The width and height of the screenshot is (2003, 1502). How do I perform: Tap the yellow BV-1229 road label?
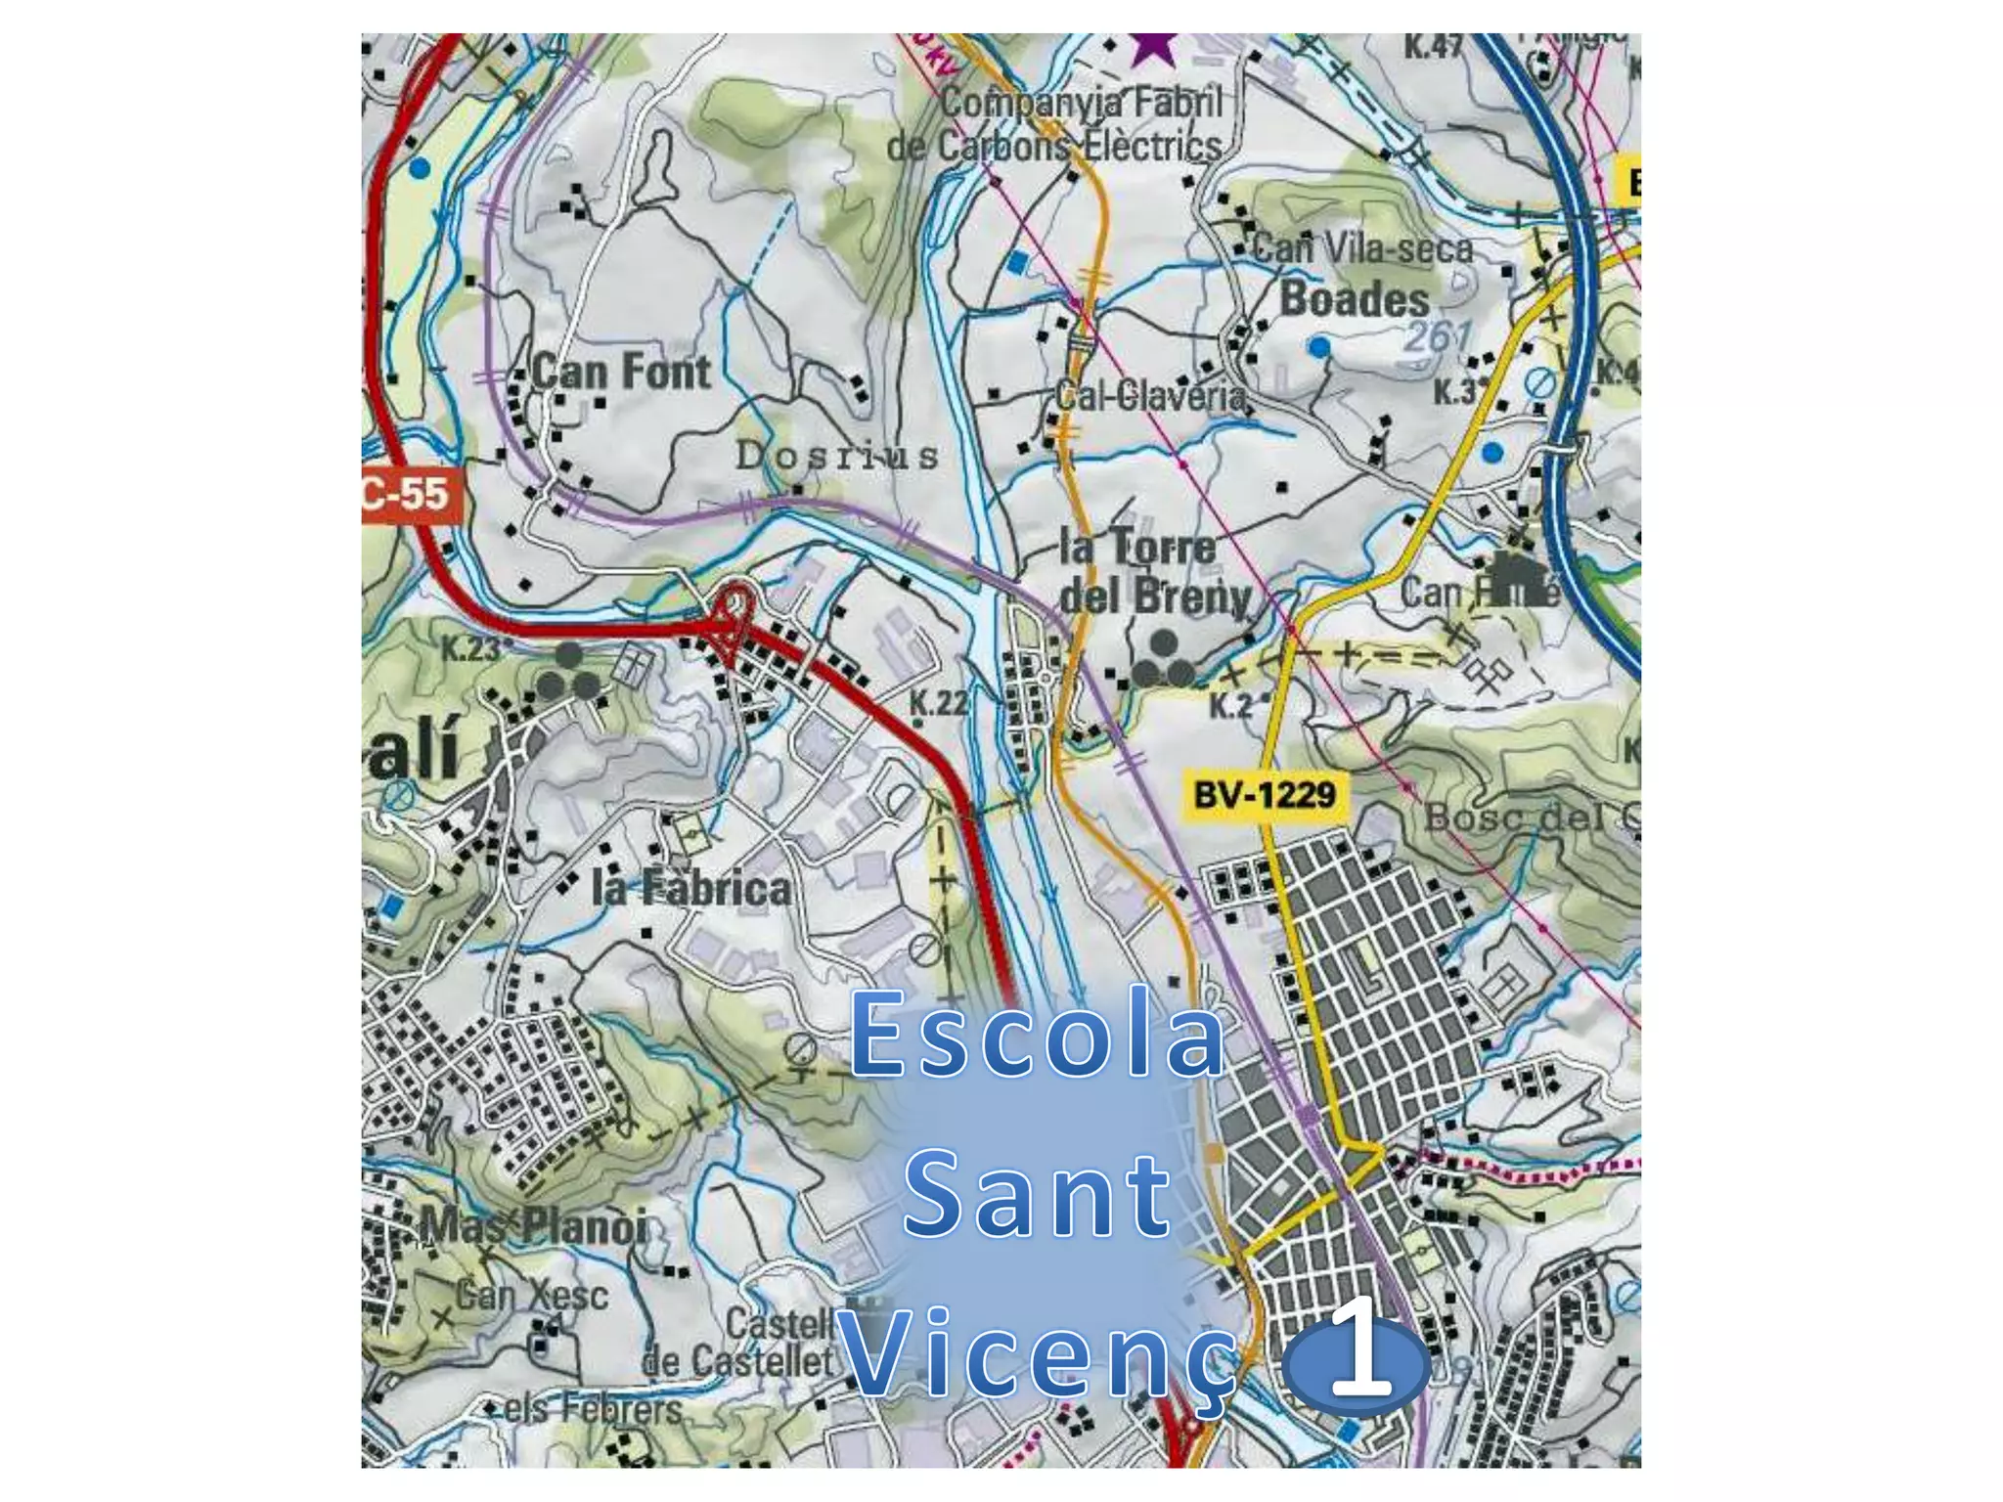coord(1265,794)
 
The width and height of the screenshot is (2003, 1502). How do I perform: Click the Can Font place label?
coord(622,373)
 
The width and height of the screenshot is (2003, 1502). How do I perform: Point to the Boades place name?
coord(1355,299)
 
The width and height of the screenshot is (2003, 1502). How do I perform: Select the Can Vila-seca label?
coord(1362,248)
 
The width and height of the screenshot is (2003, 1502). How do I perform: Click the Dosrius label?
coord(837,456)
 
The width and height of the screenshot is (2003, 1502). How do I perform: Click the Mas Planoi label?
coord(534,1226)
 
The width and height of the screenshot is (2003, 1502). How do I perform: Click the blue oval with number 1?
coord(1358,1365)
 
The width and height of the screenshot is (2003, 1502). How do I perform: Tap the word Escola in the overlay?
coord(1037,1035)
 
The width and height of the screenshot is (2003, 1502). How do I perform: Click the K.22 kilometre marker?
coord(938,702)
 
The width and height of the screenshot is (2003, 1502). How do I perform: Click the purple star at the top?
coord(1154,47)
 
